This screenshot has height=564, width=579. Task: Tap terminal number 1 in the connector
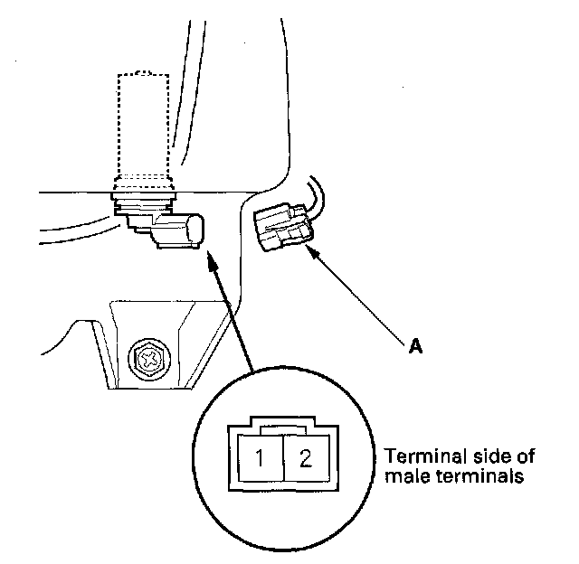[260, 458]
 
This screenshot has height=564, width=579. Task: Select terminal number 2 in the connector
[305, 458]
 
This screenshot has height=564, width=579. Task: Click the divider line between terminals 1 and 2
[282, 458]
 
